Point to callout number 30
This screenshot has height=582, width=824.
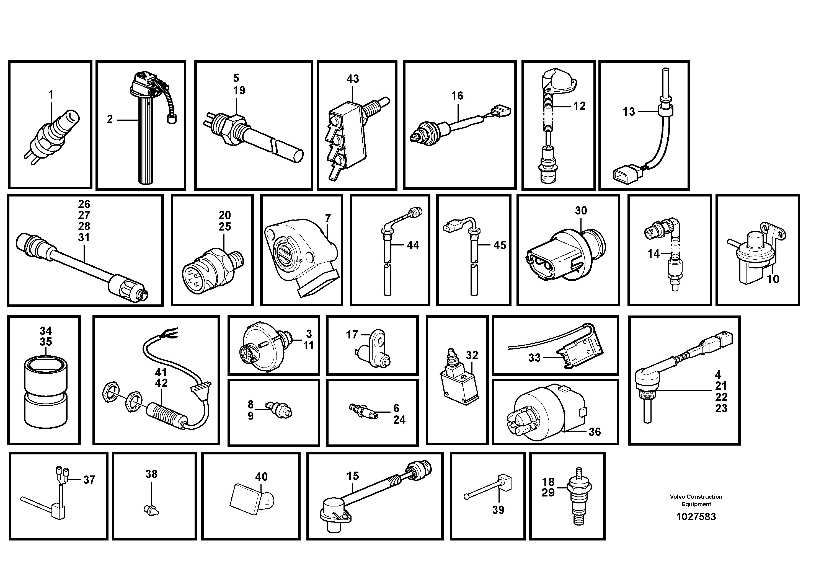click(x=581, y=211)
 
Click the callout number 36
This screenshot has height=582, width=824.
click(x=594, y=432)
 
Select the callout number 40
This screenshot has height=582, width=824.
click(x=261, y=477)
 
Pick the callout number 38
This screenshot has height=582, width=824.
click(x=151, y=474)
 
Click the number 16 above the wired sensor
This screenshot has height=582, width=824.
click(x=457, y=96)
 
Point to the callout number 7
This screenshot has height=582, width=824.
click(x=328, y=218)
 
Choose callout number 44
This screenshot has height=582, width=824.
click(x=413, y=245)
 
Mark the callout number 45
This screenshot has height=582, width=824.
click(x=500, y=245)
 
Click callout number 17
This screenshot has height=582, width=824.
click(x=352, y=335)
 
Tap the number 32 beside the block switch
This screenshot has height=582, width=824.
click(x=472, y=356)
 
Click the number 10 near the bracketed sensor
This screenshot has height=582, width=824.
click(x=773, y=279)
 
